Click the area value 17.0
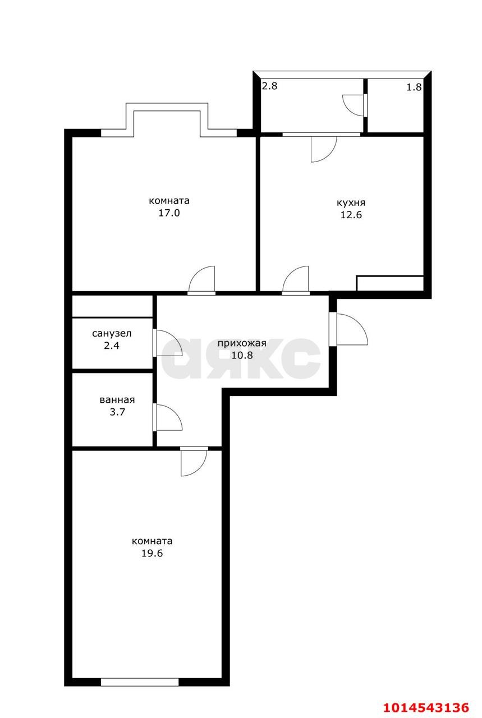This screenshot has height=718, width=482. click(169, 213)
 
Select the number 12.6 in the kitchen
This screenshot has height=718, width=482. click(351, 215)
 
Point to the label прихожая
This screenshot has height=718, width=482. click(241, 343)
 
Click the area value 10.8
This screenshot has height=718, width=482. click(241, 355)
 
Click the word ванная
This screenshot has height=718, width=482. click(117, 400)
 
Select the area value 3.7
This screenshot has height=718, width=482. click(117, 412)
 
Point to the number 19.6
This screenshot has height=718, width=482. click(152, 554)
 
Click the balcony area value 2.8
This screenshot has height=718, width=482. click(270, 86)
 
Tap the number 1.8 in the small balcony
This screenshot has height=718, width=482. click(414, 87)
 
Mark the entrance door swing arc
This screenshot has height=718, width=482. click(352, 329)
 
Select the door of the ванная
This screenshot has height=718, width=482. click(168, 417)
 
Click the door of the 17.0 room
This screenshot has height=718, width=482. click(202, 279)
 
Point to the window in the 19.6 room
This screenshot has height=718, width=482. click(140, 682)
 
